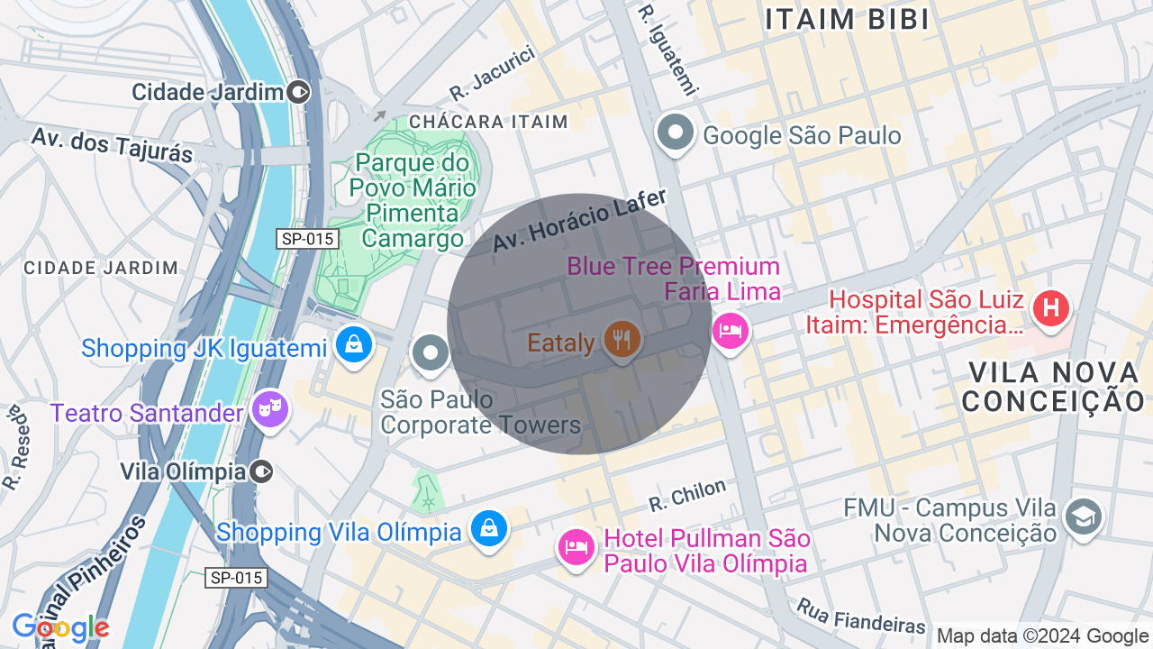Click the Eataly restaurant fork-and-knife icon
[622, 340]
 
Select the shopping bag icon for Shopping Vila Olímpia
[488, 529]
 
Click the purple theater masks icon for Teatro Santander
[269, 409]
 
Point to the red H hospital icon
[1050, 308]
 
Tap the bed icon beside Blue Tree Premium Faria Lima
[730, 331]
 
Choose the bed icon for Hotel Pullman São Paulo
[576, 546]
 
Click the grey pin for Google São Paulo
[675, 133]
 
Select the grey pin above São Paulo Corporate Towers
[431, 352]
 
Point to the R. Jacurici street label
[493, 73]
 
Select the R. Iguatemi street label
[667, 49]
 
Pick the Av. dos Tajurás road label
[112, 145]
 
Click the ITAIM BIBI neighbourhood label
[847, 20]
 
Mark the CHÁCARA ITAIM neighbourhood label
[488, 122]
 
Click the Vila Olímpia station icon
[262, 471]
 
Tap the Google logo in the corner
[60, 627]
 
